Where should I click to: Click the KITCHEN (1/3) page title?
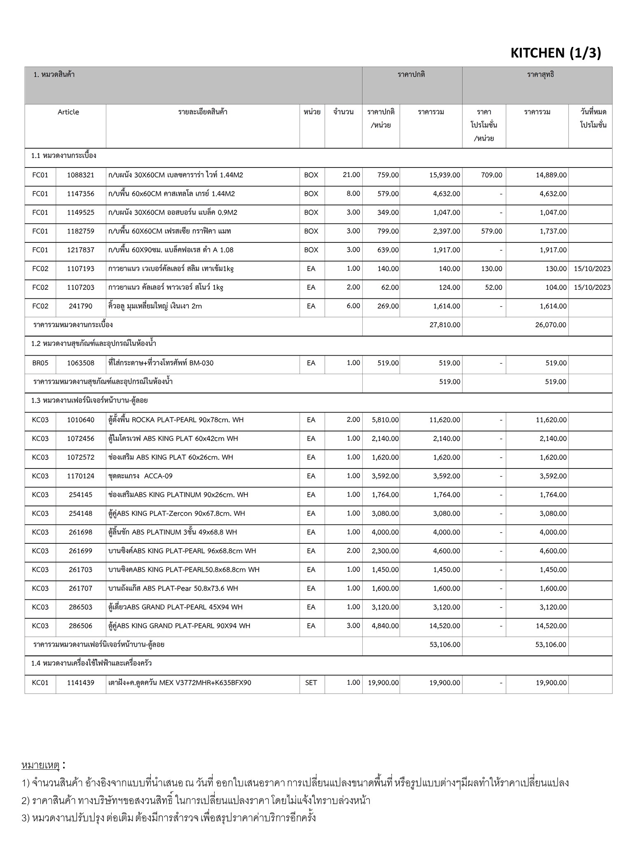click(556, 53)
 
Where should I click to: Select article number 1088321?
click(81, 175)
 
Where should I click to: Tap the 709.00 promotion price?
click(491, 175)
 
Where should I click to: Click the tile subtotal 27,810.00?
click(445, 325)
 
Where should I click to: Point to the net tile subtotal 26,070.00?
click(551, 325)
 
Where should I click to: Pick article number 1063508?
click(81, 363)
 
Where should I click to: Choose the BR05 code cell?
click(40, 363)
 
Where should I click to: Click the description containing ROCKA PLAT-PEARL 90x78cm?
click(176, 420)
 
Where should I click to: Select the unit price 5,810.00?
click(385, 420)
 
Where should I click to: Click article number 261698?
click(81, 532)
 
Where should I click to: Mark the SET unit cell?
click(311, 682)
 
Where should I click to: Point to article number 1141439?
click(81, 682)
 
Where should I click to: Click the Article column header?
click(68, 112)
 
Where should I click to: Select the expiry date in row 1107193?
click(592, 269)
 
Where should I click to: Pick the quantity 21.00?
click(351, 175)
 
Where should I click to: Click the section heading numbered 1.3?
click(89, 400)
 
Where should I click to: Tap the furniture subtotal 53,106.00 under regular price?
click(445, 645)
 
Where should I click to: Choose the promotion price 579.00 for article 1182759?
click(491, 231)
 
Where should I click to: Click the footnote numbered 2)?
click(196, 800)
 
